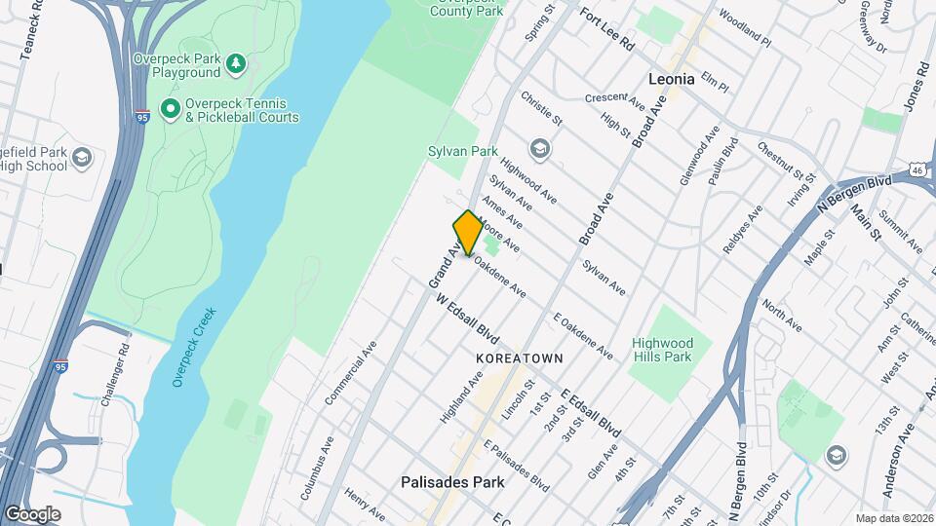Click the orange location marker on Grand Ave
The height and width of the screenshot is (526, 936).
click(468, 232)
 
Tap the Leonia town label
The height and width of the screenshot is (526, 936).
click(672, 80)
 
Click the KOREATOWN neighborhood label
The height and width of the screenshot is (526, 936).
click(520, 358)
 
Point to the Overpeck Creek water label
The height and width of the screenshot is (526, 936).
click(193, 348)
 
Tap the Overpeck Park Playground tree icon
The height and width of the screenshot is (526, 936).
click(235, 64)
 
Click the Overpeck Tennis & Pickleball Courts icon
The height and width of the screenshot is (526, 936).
click(171, 108)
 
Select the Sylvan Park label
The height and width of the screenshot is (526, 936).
click(463, 151)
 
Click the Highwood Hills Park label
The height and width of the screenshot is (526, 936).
click(662, 350)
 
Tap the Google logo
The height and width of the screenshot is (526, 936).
click(32, 513)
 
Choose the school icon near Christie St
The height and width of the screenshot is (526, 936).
click(538, 149)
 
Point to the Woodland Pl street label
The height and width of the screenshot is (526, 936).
click(745, 30)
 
